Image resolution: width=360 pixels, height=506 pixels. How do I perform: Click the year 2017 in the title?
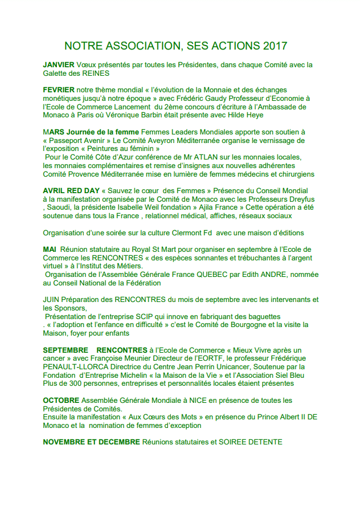276,46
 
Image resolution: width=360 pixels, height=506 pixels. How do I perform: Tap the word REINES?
96,74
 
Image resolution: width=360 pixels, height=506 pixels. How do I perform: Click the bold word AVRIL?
55,190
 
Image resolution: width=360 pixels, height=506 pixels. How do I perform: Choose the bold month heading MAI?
50,250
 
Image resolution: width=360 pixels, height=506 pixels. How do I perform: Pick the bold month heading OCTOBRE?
61,401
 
